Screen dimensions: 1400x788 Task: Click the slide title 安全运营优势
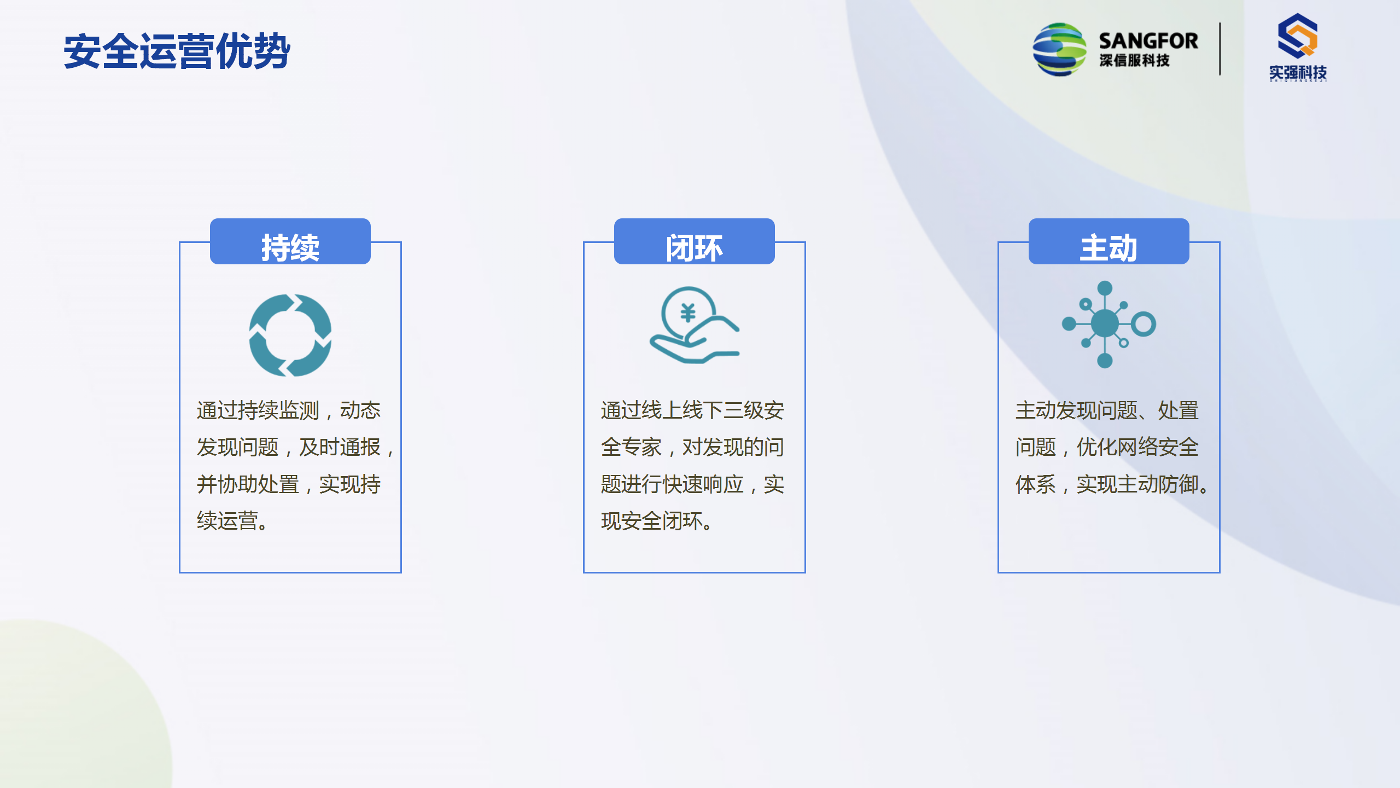click(177, 51)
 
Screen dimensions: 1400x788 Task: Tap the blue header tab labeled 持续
click(290, 241)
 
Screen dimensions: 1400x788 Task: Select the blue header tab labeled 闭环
click(695, 241)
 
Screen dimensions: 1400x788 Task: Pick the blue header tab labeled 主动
click(1109, 241)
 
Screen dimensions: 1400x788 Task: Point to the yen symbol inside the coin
click(688, 313)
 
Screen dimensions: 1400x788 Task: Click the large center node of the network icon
click(1105, 323)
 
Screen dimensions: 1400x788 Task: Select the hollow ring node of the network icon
click(1144, 323)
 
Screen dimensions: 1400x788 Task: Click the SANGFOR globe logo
click(1059, 49)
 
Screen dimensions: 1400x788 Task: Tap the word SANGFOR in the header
click(1148, 41)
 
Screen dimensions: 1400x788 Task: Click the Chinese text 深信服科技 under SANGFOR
click(1134, 60)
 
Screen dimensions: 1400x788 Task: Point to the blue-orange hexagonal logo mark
click(1298, 36)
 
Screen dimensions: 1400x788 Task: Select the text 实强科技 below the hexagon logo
click(1298, 72)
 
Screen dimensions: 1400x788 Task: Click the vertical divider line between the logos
click(1220, 49)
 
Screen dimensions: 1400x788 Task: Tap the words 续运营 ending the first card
click(227, 521)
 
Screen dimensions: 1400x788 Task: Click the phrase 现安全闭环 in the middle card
click(652, 521)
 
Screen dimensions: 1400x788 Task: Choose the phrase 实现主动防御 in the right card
click(1137, 484)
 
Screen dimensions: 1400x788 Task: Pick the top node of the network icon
click(1105, 288)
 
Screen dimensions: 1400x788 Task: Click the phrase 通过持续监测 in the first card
click(258, 410)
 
